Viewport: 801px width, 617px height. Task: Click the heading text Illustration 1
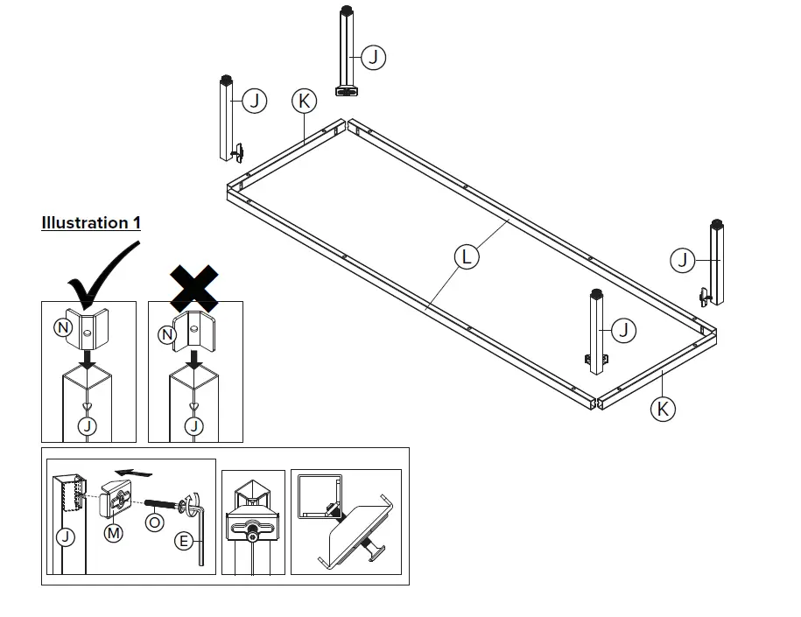tap(91, 222)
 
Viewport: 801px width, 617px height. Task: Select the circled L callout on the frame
tap(467, 256)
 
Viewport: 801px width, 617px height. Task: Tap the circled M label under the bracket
tap(114, 531)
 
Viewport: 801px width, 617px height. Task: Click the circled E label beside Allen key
tap(184, 542)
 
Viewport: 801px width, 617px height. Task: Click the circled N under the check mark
tap(63, 328)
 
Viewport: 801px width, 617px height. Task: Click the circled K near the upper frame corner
tap(304, 102)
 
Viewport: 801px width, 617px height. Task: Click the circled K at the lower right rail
tap(663, 408)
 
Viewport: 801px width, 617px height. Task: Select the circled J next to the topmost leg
tap(374, 58)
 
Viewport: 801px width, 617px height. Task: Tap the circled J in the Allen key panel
tap(64, 538)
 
